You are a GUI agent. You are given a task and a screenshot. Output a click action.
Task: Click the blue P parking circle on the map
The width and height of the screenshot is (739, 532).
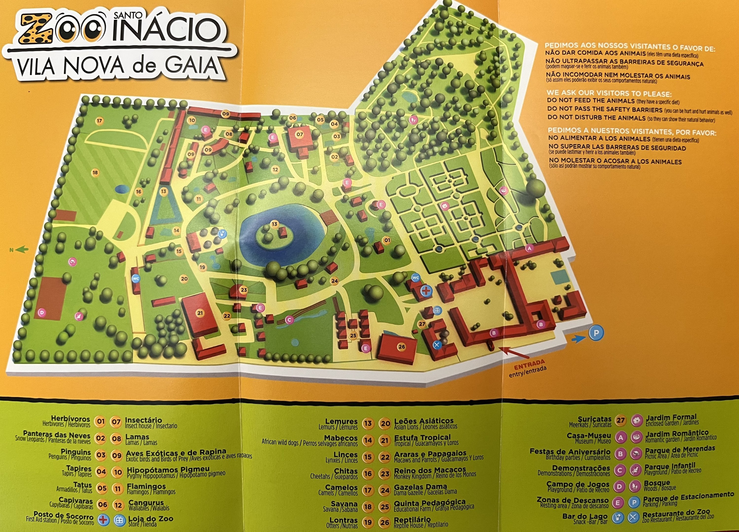[x=596, y=333]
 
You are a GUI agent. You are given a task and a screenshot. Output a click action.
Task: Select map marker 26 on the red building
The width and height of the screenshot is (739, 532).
[x=401, y=347]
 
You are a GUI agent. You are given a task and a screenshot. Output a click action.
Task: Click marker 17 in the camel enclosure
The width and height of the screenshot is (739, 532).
[x=99, y=121]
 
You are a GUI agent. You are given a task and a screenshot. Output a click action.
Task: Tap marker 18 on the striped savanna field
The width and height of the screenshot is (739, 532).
[x=95, y=173]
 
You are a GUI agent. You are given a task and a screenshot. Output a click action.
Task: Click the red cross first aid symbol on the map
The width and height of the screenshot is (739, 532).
[x=426, y=291]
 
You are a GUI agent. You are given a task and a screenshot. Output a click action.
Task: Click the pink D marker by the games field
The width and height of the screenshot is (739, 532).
[x=41, y=313]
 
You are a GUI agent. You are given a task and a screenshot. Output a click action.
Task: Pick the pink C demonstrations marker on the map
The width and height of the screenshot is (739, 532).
[x=289, y=320]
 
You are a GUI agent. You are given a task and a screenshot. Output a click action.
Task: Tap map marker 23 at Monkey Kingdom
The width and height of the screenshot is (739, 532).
[x=244, y=290]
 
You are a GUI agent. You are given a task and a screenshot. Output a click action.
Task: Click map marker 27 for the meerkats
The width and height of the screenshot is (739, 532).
[x=422, y=324]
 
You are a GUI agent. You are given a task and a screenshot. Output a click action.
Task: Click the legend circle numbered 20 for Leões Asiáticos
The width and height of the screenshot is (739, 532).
[x=385, y=424]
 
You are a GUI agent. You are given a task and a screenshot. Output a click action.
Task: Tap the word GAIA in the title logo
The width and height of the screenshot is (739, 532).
[x=191, y=66]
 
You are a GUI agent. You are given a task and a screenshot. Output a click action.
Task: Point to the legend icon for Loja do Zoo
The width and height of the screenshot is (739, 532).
[x=120, y=520]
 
